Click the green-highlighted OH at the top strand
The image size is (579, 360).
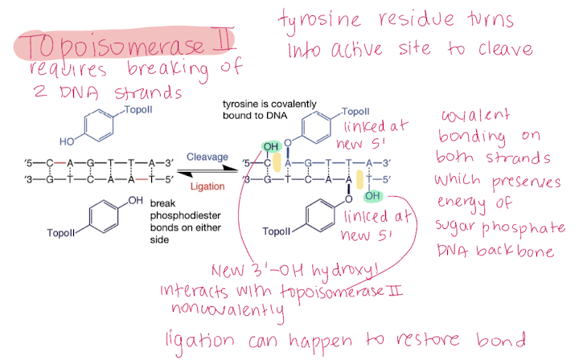271,147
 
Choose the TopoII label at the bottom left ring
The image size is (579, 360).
61,233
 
